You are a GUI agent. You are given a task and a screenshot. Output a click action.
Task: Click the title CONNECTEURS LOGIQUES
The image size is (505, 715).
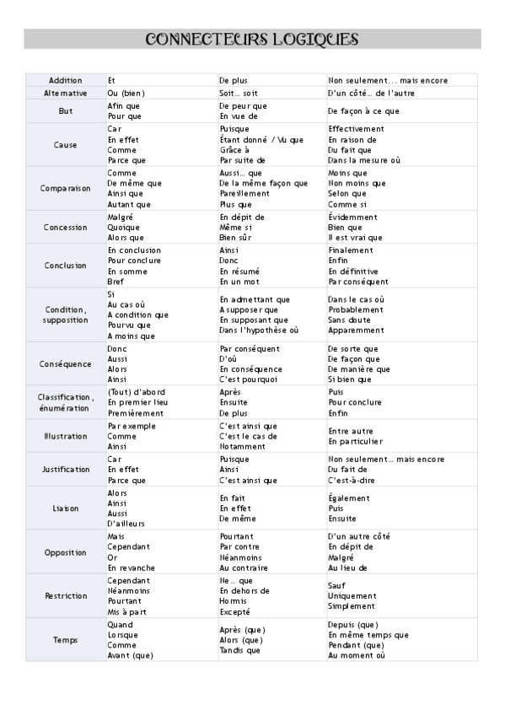click(x=252, y=40)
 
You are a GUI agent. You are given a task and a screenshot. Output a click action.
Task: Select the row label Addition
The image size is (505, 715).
click(x=65, y=80)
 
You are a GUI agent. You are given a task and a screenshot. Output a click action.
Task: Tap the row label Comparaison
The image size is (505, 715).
click(x=65, y=188)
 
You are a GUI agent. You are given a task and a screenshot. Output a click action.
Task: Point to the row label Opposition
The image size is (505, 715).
click(x=65, y=552)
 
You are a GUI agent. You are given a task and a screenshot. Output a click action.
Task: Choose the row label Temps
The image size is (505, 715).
click(x=65, y=639)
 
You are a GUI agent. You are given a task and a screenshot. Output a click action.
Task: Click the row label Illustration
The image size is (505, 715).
click(x=65, y=436)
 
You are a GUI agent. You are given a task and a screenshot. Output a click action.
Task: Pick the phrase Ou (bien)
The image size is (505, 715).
click(x=126, y=92)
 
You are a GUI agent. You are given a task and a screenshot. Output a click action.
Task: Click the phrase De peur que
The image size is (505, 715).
click(x=243, y=105)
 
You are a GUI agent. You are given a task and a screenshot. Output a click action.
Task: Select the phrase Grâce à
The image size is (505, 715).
click(x=234, y=149)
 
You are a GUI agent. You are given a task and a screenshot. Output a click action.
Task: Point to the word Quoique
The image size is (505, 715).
click(x=124, y=227)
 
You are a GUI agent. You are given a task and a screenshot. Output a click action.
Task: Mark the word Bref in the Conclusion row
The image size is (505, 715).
click(x=116, y=282)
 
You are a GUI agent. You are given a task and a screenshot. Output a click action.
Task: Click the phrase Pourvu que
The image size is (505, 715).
click(x=129, y=325)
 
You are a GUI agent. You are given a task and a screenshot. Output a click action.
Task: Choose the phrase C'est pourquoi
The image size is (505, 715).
click(x=249, y=379)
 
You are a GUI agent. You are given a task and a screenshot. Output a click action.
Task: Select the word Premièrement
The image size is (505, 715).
click(x=135, y=414)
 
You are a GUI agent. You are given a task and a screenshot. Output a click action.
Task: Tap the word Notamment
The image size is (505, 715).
click(x=242, y=447)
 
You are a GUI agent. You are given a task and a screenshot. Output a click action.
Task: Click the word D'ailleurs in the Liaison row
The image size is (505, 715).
click(x=126, y=524)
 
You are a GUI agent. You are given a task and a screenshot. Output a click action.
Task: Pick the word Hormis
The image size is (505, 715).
click(x=234, y=601)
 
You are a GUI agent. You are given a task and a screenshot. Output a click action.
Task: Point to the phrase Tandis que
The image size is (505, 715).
click(x=240, y=650)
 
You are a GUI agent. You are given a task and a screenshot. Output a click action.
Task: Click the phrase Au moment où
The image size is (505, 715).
click(x=357, y=655)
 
